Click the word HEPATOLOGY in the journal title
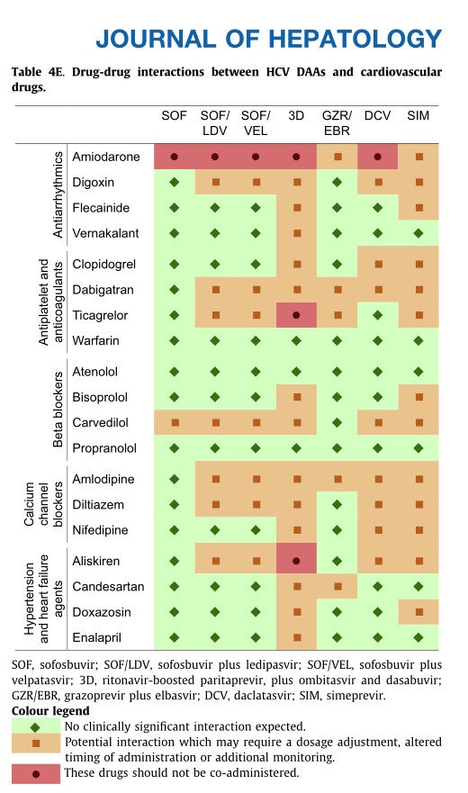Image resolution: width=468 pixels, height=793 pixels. [355, 39]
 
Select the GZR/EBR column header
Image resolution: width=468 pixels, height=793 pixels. [337, 123]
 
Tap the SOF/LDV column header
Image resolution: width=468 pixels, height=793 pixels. [215, 123]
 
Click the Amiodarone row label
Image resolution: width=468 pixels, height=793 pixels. [105, 157]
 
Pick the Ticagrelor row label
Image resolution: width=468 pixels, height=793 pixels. [100, 316]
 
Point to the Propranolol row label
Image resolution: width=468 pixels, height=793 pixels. [104, 448]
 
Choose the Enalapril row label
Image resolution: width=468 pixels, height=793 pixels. [96, 638]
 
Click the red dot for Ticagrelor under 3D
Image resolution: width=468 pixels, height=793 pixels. [296, 315]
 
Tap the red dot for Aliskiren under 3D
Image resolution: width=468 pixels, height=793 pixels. [296, 561]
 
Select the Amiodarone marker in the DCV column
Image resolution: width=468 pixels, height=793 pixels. [377, 157]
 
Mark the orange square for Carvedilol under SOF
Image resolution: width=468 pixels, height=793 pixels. [175, 422]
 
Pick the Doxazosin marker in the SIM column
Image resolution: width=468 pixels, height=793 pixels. [418, 612]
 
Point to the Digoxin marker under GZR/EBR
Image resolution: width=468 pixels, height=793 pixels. [337, 182]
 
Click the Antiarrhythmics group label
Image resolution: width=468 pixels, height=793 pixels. [58, 194]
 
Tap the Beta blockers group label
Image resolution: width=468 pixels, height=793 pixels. [58, 410]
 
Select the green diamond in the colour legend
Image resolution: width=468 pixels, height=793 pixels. [35, 727]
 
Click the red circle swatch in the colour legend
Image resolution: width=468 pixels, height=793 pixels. [35, 774]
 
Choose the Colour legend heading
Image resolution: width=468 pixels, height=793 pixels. [50, 711]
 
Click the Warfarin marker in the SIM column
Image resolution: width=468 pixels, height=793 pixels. [418, 341]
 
